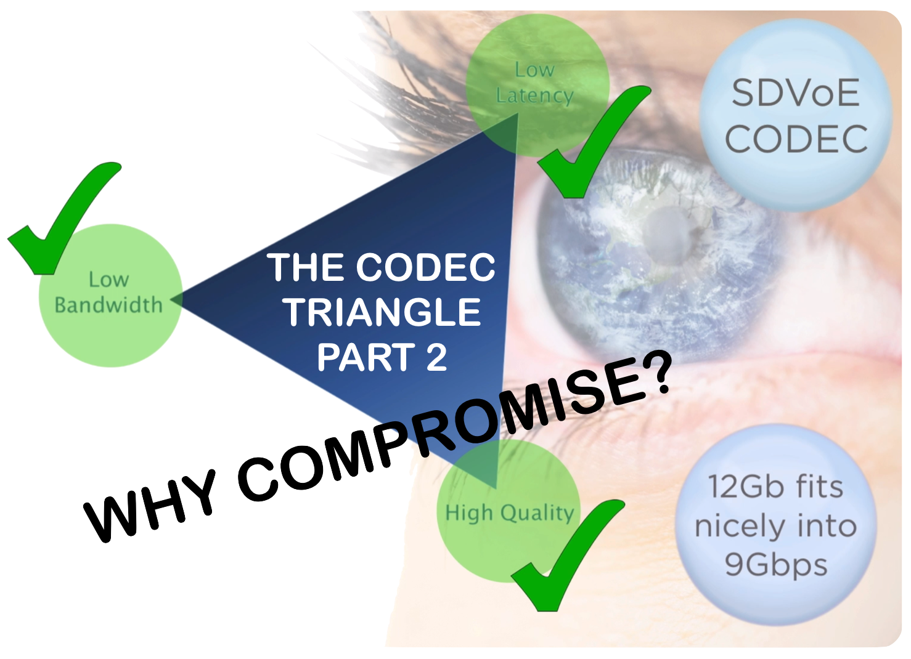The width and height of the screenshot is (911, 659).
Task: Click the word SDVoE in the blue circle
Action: point(795,94)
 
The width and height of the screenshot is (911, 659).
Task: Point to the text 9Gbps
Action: point(775,565)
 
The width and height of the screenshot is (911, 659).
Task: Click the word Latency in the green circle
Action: point(534,96)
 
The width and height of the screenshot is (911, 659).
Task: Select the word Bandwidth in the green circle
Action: point(108,305)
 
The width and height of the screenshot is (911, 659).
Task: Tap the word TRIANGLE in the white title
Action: point(382,312)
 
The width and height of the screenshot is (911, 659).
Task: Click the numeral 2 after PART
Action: point(436,357)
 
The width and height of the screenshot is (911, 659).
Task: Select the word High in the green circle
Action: point(469,512)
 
